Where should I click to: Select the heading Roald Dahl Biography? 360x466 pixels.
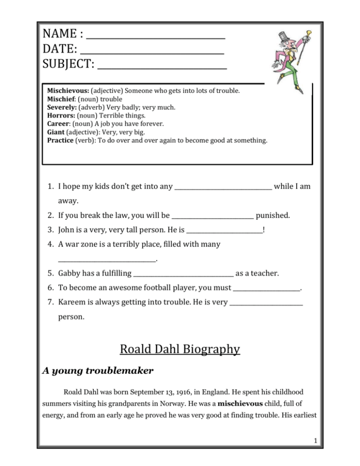(180, 349)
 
